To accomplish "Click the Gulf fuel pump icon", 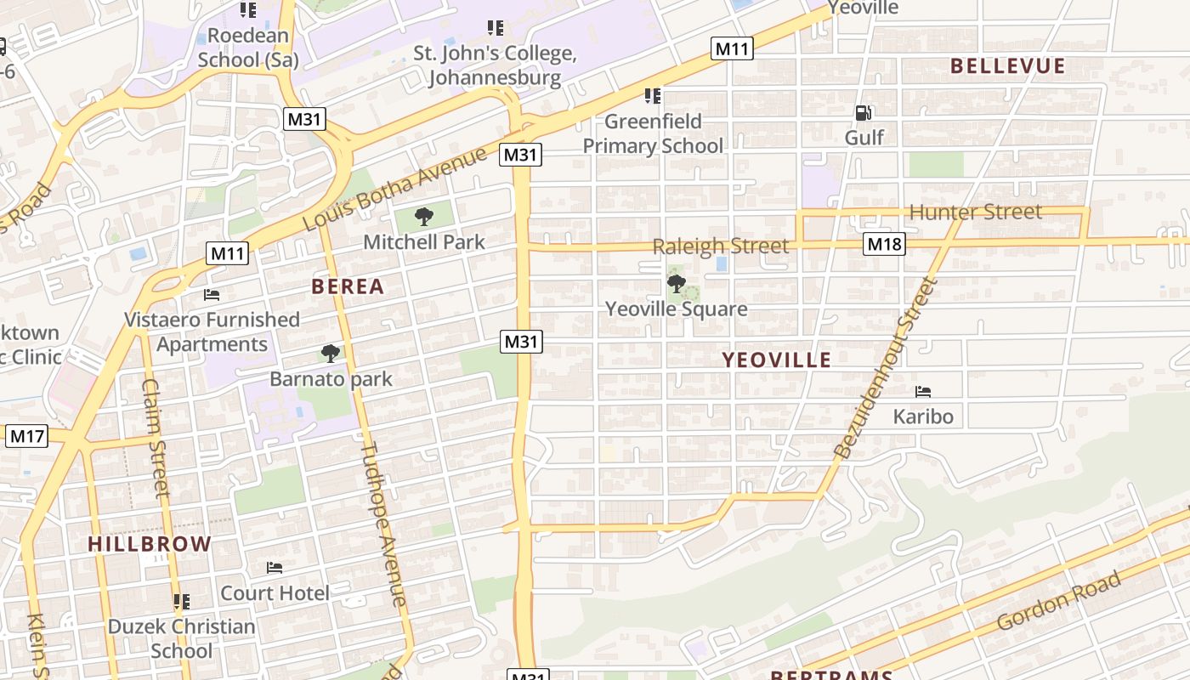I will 864,113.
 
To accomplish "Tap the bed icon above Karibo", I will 923,392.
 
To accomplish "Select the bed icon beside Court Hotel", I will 275,568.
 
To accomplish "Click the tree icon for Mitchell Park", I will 424,217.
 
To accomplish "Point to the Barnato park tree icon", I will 331,354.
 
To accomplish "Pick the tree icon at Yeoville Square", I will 677,284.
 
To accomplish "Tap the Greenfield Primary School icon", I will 653,96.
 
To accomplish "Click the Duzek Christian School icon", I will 181,602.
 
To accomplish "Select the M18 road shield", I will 885,245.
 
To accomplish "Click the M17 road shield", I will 27,437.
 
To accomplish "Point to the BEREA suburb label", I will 348,286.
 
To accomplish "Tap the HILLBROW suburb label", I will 150,544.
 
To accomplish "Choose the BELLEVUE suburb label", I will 1007,66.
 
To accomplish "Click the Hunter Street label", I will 975,212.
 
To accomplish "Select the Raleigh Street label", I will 721,246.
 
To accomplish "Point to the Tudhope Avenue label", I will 384,524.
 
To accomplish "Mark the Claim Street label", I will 156,437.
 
